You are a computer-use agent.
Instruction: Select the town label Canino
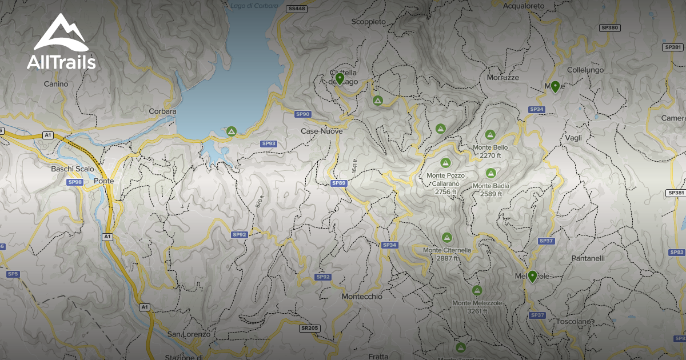pyautogui.click(x=56, y=84)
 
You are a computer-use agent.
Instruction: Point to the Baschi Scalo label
pyautogui.click(x=73, y=169)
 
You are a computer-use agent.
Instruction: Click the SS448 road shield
pyautogui.click(x=297, y=9)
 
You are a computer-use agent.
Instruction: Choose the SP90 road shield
pyautogui.click(x=302, y=114)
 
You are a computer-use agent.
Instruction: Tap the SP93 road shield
pyautogui.click(x=268, y=143)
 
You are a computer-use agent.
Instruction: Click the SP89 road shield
pyautogui.click(x=339, y=183)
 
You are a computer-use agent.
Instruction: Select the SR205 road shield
pyautogui.click(x=309, y=328)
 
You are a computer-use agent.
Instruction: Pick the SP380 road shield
pyautogui.click(x=610, y=27)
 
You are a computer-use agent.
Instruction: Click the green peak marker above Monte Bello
pyautogui.click(x=490, y=135)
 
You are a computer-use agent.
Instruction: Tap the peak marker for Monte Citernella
pyautogui.click(x=447, y=237)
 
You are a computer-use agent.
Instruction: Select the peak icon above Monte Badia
pyautogui.click(x=490, y=173)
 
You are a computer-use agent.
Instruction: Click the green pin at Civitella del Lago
pyautogui.click(x=340, y=78)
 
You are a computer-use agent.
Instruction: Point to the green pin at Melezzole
pyautogui.click(x=532, y=276)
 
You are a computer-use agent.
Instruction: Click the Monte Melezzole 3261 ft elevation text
pyautogui.click(x=477, y=311)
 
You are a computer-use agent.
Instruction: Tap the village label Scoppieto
pyautogui.click(x=369, y=21)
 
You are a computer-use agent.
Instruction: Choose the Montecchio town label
pyautogui.click(x=361, y=297)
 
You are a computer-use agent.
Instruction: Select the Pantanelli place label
pyautogui.click(x=588, y=258)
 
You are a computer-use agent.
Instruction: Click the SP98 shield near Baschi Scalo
pyautogui.click(x=75, y=182)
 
